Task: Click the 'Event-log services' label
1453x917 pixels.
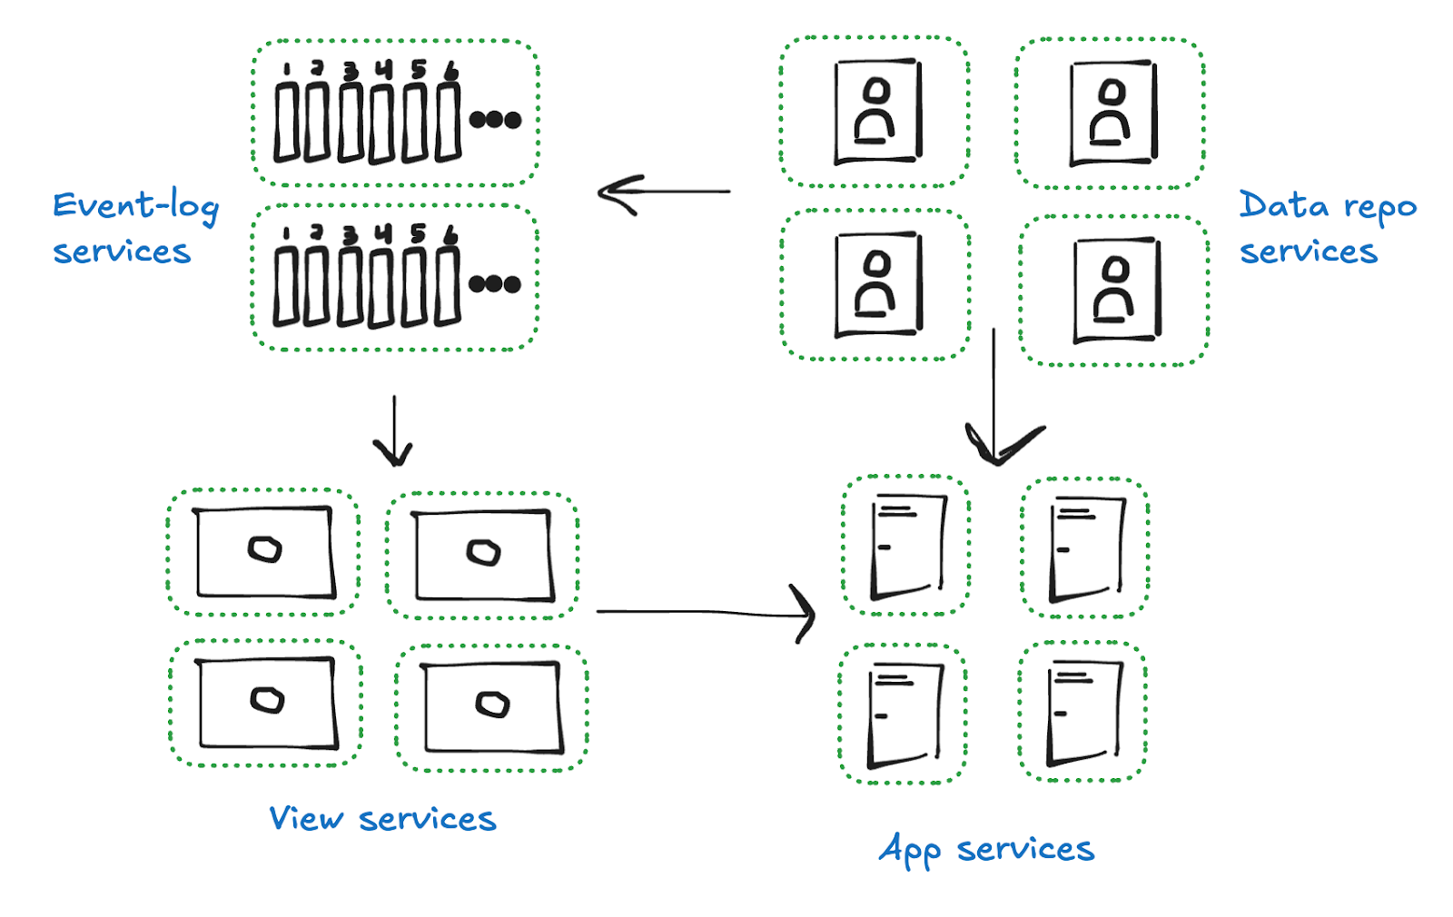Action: (x=134, y=228)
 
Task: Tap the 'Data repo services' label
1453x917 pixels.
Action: (x=1327, y=228)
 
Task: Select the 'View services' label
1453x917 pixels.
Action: (x=382, y=819)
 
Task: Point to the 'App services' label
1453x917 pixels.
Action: (x=986, y=850)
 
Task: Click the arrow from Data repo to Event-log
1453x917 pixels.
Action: (x=663, y=192)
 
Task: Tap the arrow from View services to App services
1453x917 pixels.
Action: (x=704, y=613)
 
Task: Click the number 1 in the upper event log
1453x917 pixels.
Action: (x=286, y=70)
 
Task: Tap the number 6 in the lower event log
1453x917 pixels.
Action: (x=450, y=235)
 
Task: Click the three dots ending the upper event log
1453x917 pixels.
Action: (x=495, y=120)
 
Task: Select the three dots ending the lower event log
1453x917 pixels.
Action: (x=495, y=284)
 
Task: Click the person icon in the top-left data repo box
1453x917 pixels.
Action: (x=876, y=111)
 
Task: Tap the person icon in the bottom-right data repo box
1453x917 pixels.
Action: (x=1115, y=290)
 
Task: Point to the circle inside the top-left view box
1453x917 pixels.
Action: (x=265, y=549)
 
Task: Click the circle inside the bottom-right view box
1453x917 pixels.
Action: (x=492, y=704)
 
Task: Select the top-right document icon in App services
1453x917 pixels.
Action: (x=1086, y=548)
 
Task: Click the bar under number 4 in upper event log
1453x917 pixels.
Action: (x=382, y=123)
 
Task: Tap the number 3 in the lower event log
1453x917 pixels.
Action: (x=350, y=235)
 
